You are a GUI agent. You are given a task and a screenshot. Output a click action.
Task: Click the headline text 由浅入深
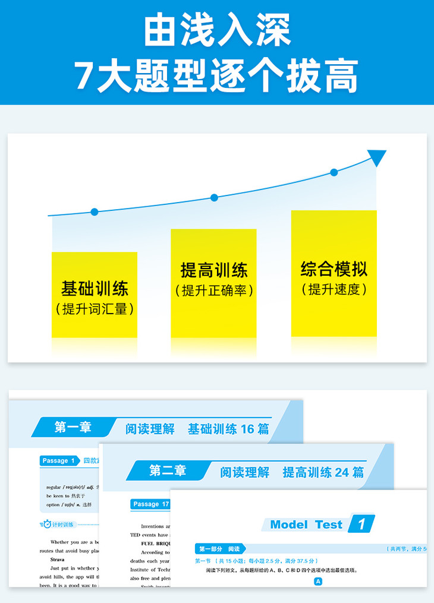click(x=217, y=31)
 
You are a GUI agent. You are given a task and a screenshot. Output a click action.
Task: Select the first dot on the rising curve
click(x=95, y=211)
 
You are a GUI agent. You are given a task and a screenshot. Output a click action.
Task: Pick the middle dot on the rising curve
click(x=214, y=197)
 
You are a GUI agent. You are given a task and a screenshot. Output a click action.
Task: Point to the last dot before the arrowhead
click(x=334, y=172)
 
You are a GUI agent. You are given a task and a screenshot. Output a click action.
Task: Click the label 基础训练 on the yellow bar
click(x=95, y=289)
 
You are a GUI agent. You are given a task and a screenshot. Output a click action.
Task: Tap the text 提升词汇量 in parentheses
click(x=95, y=309)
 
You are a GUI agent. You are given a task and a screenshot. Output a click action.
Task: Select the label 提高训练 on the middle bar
click(x=214, y=270)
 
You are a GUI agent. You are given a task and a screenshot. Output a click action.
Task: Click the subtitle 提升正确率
click(x=214, y=291)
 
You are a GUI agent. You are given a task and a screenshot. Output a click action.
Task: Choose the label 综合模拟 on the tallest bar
click(x=334, y=269)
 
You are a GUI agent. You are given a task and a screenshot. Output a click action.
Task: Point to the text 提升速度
click(x=334, y=289)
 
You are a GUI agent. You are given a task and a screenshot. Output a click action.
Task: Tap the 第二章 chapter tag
click(x=168, y=471)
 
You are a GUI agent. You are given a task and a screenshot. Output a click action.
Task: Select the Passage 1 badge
click(x=59, y=460)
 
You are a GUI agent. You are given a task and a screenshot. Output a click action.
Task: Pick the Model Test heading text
click(x=306, y=525)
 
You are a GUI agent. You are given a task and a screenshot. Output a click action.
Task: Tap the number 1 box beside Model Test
click(x=362, y=524)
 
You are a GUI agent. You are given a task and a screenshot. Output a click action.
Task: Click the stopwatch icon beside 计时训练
click(x=47, y=524)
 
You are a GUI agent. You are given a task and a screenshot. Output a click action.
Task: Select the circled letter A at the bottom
click(x=318, y=582)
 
